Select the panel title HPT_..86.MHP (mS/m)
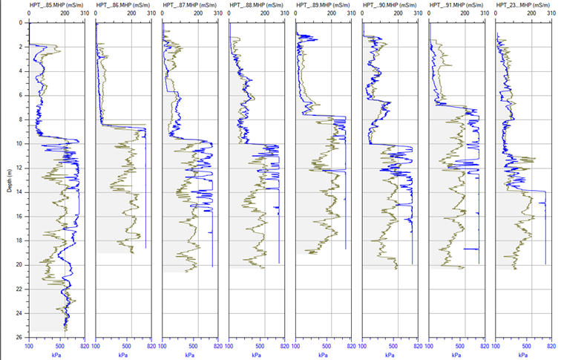123,5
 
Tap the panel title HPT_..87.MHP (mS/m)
190,5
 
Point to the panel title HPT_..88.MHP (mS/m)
257,5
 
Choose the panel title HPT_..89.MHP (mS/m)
323,5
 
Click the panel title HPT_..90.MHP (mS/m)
390,5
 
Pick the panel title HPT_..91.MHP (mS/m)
456,5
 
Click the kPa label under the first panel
56,354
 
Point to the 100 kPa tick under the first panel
29,345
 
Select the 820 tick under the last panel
551,345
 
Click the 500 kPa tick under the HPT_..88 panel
260,345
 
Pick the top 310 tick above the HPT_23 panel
551,14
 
